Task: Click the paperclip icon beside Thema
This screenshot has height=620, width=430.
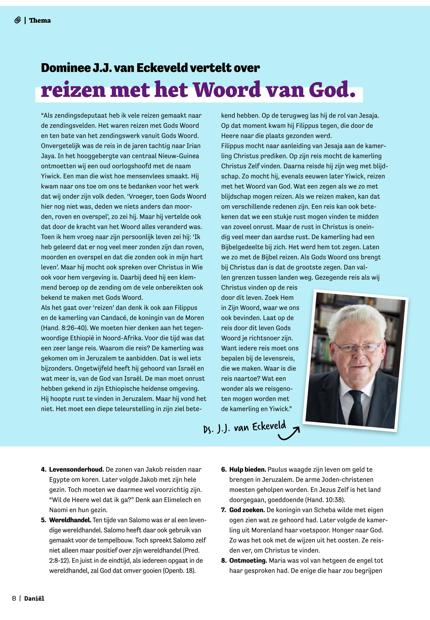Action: click(17, 21)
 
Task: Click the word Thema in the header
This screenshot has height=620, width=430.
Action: click(40, 21)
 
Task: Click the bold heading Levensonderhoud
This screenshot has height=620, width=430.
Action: click(76, 470)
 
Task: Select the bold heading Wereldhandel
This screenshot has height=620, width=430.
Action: click(70, 520)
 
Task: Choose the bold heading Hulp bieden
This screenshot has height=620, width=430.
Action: click(248, 470)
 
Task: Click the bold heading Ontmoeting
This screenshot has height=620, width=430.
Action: click(248, 561)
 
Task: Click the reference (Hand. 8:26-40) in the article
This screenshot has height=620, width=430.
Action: click(64, 328)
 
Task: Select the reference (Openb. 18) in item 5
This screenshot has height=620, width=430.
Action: click(179, 571)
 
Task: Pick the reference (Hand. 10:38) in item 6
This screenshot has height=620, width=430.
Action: click(325, 500)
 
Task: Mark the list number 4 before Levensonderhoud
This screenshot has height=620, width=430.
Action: click(43, 470)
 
